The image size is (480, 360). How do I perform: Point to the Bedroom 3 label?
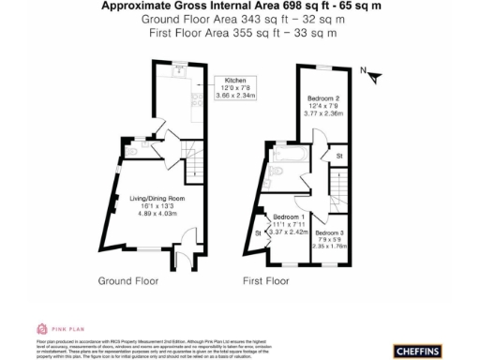click(x=332, y=239)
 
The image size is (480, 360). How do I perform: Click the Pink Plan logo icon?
click(x=41, y=328)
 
